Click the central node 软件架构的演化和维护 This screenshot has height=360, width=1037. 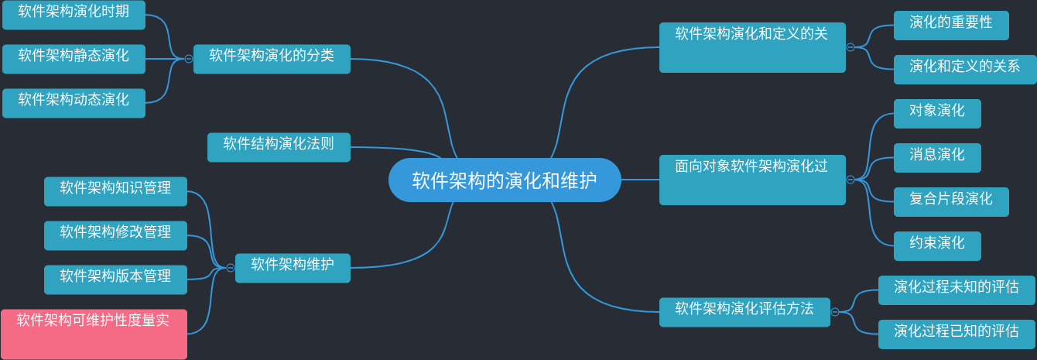[x=505, y=180]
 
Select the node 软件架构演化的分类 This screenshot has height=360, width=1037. [x=272, y=59]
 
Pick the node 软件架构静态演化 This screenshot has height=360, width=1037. [x=74, y=59]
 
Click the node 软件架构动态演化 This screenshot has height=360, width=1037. [x=74, y=103]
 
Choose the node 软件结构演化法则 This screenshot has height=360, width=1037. [x=279, y=147]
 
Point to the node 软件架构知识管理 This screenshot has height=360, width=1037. [x=115, y=191]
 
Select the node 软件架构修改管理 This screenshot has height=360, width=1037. [x=115, y=235]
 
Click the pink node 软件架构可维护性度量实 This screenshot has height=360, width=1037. [x=94, y=334]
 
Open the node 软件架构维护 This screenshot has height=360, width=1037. [x=293, y=268]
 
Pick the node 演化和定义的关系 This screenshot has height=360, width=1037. [x=964, y=70]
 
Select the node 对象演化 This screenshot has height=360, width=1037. [x=937, y=114]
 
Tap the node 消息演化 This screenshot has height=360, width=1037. [x=937, y=158]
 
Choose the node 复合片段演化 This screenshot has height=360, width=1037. [x=951, y=202]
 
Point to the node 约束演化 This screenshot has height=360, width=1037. [x=937, y=246]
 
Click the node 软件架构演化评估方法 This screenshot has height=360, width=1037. [x=744, y=312]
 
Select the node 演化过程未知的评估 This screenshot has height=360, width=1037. [x=957, y=290]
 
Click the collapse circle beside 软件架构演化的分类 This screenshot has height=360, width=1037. [x=188, y=59]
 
